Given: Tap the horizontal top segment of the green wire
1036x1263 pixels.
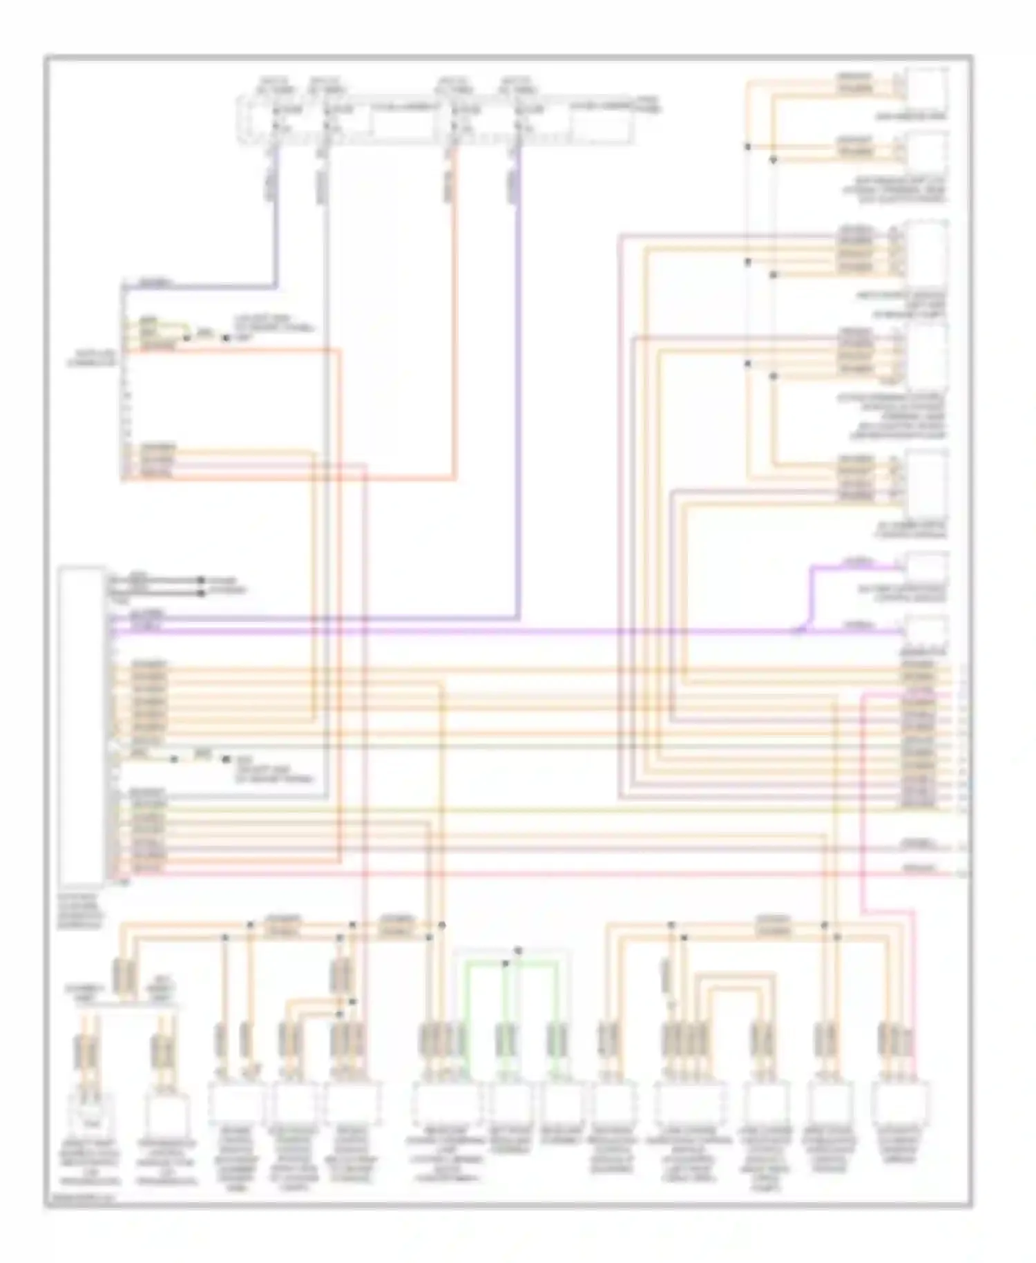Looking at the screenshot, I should point(511,962).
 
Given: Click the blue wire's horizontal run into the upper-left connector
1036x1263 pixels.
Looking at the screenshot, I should point(200,286).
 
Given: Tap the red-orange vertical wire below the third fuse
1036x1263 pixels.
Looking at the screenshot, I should point(455,311).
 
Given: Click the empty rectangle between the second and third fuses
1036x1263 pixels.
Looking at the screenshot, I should point(402,124).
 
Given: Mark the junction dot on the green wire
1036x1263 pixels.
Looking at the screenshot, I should point(506,962).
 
